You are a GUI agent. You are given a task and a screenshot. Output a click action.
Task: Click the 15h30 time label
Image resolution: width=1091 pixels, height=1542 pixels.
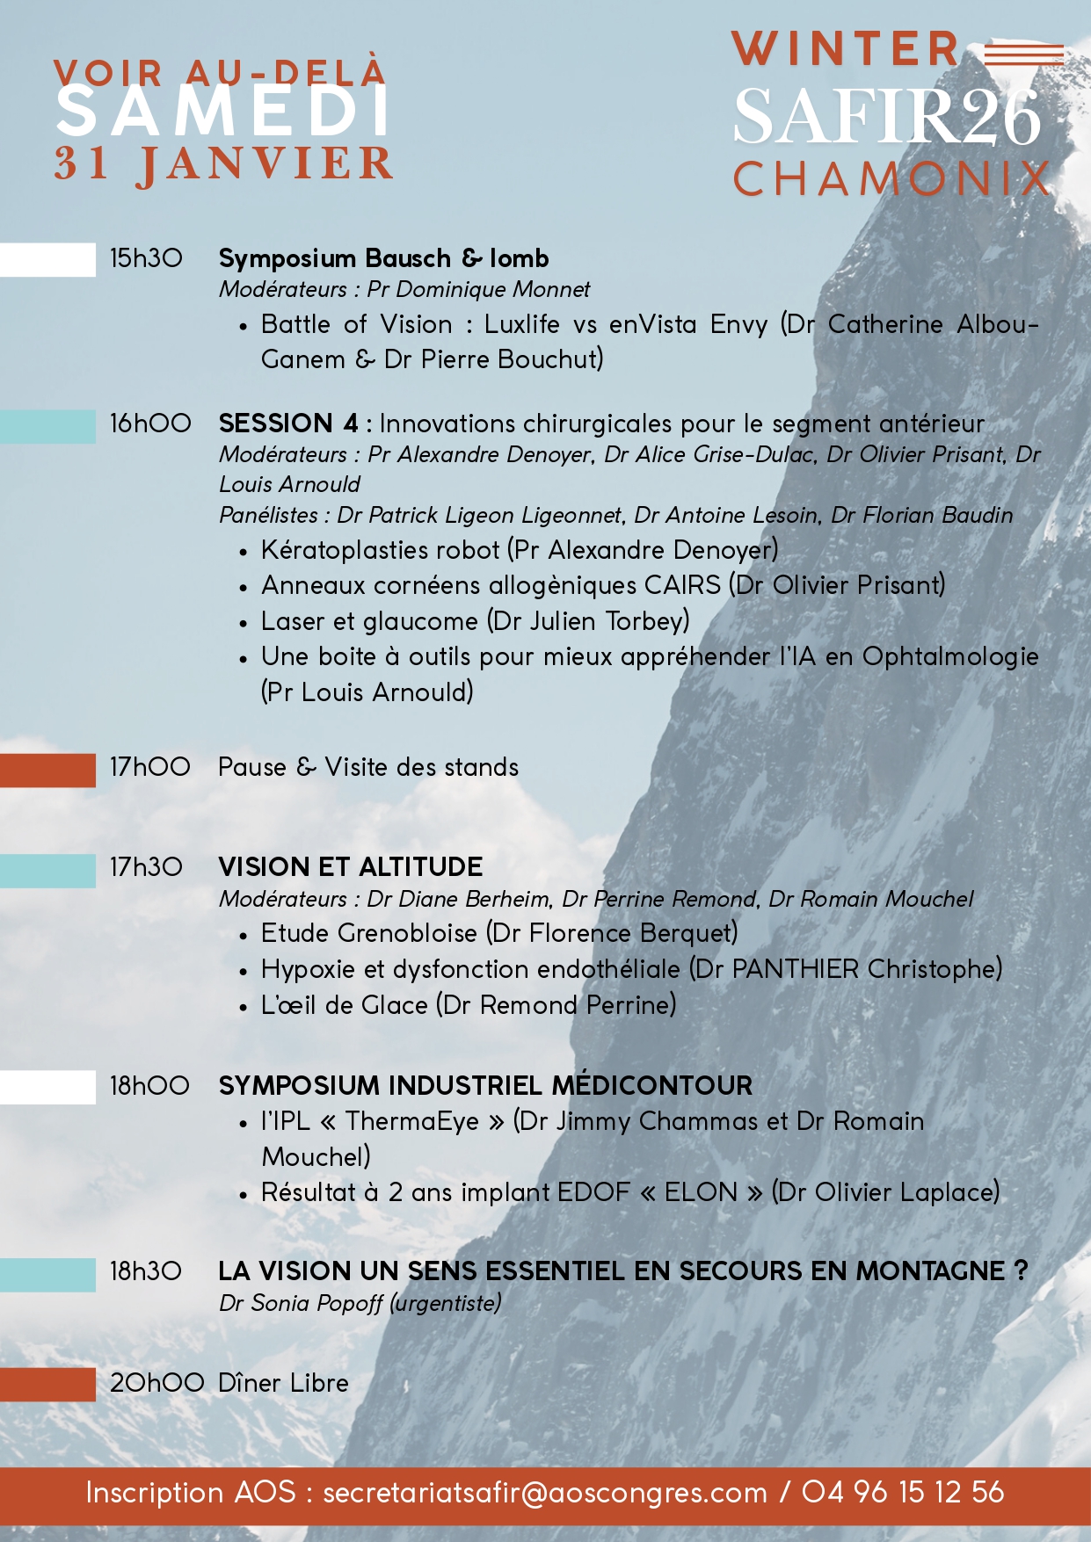coord(146,258)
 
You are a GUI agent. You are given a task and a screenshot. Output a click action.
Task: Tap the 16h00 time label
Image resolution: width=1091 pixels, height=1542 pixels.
coord(150,424)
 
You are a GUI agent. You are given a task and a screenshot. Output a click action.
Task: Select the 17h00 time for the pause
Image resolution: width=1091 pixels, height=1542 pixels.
coord(150,767)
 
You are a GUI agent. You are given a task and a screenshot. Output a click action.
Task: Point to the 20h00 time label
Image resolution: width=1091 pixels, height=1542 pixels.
coord(157,1383)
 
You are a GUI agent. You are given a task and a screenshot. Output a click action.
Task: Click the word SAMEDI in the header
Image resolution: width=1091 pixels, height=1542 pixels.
coord(223,113)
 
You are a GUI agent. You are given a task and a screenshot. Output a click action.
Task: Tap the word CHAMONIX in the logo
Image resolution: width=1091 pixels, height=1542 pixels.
coord(891,179)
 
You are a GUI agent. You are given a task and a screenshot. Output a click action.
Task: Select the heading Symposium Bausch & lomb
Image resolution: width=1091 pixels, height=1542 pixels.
coord(383,258)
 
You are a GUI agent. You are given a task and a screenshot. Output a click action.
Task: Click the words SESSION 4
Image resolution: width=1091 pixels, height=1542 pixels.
coord(288,424)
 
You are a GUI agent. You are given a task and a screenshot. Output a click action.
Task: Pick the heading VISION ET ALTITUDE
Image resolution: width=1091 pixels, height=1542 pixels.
coord(350,867)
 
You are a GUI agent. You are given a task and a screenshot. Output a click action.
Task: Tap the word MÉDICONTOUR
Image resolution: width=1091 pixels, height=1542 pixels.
coord(651,1085)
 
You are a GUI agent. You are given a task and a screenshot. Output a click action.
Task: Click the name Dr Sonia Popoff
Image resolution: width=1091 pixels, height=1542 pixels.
coord(301,1303)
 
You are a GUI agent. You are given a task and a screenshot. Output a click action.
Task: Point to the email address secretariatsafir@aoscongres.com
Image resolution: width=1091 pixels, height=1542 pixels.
coord(545,1493)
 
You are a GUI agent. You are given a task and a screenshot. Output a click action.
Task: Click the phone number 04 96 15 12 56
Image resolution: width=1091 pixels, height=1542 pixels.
coord(903,1492)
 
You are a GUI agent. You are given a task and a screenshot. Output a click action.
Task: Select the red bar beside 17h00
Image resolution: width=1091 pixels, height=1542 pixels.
coord(47,770)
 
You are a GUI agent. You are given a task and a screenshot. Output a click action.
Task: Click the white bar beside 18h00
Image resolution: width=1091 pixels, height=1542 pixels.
coord(47,1087)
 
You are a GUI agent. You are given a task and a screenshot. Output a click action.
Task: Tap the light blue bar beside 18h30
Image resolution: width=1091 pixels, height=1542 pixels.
coord(47,1274)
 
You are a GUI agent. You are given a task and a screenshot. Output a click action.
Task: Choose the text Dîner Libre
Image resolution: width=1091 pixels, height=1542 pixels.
coord(283,1383)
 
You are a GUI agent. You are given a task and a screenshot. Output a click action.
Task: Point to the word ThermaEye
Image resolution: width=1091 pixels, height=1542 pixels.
coord(411,1121)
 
